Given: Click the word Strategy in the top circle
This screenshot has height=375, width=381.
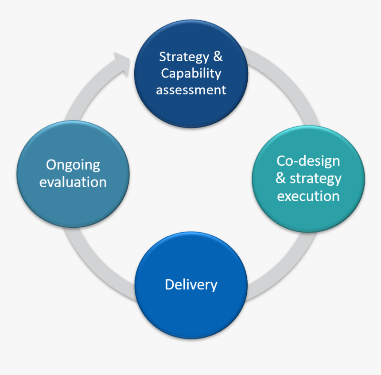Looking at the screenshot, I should pyautogui.click(x=184, y=57).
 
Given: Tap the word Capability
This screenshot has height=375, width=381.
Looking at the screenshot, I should pyautogui.click(x=191, y=73).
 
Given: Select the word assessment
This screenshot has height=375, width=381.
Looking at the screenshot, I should pyautogui.click(x=191, y=90).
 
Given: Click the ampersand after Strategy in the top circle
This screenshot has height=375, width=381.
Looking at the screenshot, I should pyautogui.click(x=218, y=57).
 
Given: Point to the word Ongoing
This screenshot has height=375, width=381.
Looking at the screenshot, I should pyautogui.click(x=73, y=165).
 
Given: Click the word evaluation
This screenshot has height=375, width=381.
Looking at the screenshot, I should pyautogui.click(x=73, y=182).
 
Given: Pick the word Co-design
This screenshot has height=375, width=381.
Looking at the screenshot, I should pyautogui.click(x=308, y=160).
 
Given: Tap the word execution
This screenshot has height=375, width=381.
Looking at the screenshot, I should pyautogui.click(x=308, y=196).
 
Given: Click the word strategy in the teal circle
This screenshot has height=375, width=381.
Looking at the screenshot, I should pyautogui.click(x=315, y=178).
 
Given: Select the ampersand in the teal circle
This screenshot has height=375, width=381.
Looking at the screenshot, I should pyautogui.click(x=280, y=178).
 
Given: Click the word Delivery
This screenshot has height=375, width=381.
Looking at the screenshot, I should pyautogui.click(x=191, y=284).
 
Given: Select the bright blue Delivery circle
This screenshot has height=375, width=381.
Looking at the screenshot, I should pyautogui.click(x=191, y=310).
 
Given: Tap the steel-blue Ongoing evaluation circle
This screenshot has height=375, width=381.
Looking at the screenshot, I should pyautogui.click(x=73, y=204).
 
